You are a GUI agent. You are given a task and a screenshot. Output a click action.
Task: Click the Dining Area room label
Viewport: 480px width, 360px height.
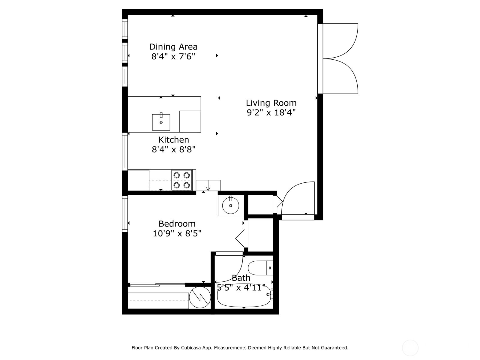(173, 47)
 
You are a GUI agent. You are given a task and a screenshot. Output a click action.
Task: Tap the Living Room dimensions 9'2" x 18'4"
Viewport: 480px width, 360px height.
(271, 113)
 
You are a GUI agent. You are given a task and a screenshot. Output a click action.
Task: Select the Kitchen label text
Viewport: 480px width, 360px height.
(174, 140)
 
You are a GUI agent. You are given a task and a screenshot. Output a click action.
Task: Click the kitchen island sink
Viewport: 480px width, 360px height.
(161, 122)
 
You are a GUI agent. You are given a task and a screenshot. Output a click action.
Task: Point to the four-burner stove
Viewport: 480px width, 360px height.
(181, 180)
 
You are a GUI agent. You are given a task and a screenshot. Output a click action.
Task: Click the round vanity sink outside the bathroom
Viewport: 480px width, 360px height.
(231, 205)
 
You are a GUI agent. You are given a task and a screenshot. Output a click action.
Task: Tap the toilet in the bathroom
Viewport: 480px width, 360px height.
(259, 268)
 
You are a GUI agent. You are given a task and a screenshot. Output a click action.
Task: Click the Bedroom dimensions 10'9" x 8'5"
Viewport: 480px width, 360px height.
(177, 233)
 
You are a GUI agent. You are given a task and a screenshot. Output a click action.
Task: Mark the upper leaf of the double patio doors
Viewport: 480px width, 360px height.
(340, 41)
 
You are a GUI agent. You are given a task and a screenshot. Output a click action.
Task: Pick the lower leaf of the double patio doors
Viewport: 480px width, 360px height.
(340, 76)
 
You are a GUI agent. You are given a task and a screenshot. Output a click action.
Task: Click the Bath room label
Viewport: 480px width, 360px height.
(241, 278)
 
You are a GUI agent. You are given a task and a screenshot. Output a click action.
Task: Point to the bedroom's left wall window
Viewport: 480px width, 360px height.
(125, 214)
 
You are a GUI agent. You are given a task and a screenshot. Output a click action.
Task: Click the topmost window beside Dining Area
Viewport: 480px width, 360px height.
(125, 29)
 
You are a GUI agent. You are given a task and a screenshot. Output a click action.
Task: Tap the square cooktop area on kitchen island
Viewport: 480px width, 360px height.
(190, 121)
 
